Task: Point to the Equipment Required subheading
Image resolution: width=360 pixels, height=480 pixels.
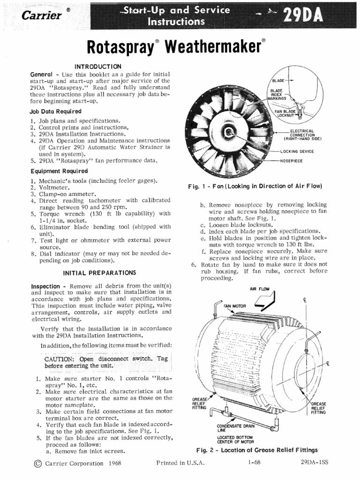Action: (x=59, y=171)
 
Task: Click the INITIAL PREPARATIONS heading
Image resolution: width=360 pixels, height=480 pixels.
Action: (x=99, y=272)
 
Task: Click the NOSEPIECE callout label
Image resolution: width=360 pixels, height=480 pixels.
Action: (x=291, y=160)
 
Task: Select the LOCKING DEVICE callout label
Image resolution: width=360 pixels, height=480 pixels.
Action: (x=297, y=151)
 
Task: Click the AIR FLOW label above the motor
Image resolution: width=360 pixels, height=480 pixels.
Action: (x=260, y=289)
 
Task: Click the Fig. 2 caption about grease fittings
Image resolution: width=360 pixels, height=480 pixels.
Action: (x=256, y=450)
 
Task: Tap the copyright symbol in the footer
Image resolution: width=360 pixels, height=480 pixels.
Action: (x=37, y=463)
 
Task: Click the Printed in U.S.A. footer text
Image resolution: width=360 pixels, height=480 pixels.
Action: (x=180, y=463)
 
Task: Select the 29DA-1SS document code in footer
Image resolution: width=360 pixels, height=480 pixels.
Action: (x=315, y=463)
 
